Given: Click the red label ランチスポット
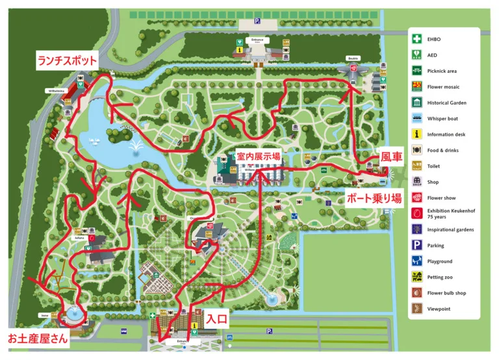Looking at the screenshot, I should (x=67, y=61).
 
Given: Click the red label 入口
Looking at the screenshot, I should (x=217, y=319).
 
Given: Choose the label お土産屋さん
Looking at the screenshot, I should (x=36, y=338).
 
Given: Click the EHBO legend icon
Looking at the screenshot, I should (x=416, y=39).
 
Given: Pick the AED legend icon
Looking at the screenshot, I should (x=416, y=55).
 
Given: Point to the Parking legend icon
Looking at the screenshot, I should (x=416, y=246).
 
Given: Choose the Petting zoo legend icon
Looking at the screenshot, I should (x=416, y=277).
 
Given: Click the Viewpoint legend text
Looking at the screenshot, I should (x=439, y=309).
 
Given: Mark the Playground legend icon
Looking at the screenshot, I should (x=416, y=261).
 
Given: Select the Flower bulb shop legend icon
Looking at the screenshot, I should (x=416, y=293).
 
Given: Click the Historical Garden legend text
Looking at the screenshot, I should (x=446, y=103).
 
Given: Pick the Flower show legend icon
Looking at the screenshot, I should (x=416, y=198).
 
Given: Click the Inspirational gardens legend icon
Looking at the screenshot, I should (x=416, y=229).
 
